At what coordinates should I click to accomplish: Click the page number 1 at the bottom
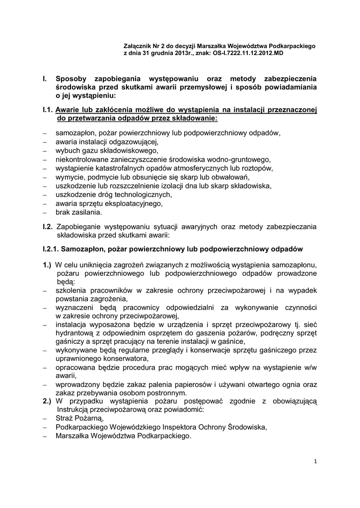[x=315, y=461]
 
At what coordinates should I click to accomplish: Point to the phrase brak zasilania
[x=78, y=213]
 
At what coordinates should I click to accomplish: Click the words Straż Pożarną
[x=76, y=419]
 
